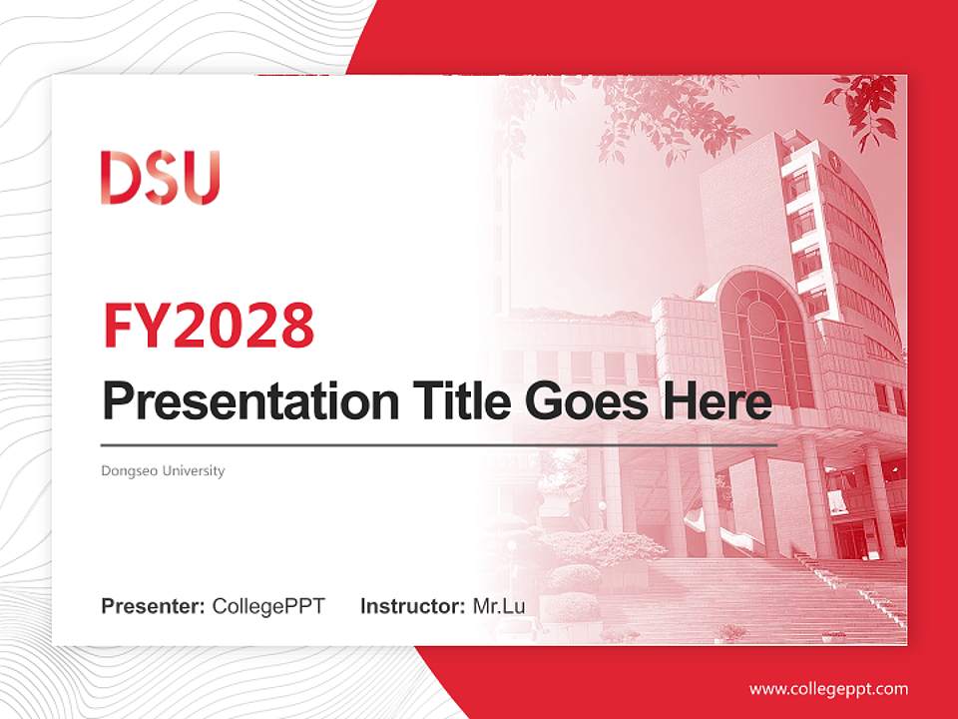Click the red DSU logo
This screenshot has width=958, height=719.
pos(160,178)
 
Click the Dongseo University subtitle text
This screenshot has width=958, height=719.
pos(163,470)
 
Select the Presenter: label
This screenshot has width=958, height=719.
pos(154,606)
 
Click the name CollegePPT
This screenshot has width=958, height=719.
pos(268,606)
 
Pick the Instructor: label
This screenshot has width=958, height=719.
pos(412,606)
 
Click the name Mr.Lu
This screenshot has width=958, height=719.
pos(499,606)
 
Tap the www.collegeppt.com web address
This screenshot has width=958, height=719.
pos(828,689)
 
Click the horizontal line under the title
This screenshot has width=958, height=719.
pos(439,444)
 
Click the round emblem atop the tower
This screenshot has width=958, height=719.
pos(832,160)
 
